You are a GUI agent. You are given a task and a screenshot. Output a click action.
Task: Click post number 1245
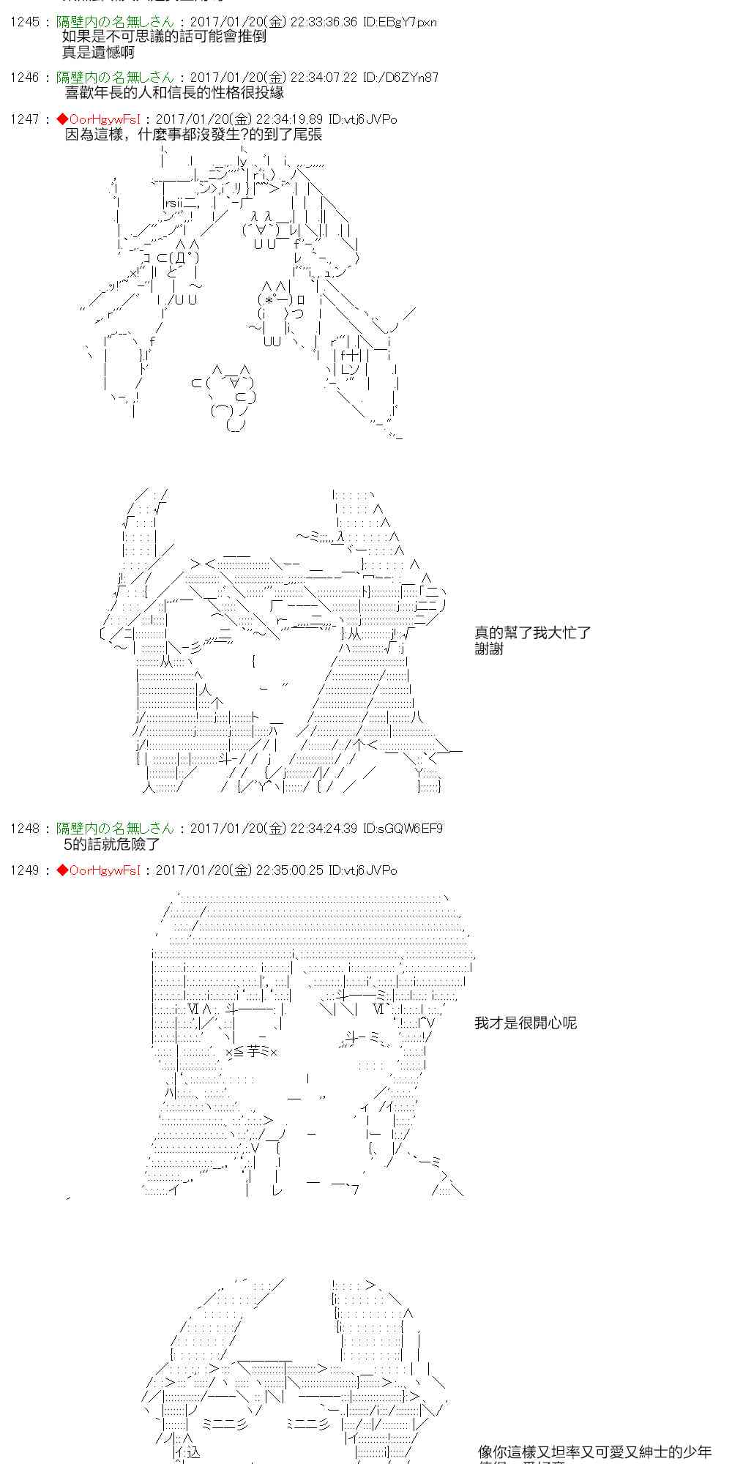click(x=24, y=22)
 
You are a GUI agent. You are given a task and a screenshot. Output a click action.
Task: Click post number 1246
click(x=24, y=78)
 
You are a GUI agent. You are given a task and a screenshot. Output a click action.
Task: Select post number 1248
click(x=24, y=829)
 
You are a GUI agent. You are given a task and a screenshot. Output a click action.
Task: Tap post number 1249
click(x=24, y=870)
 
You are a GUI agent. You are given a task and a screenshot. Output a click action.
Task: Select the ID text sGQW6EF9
click(x=408, y=829)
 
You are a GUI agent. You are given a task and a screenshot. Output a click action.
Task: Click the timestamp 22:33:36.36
click(x=324, y=22)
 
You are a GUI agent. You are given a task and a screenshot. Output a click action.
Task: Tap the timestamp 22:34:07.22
click(x=324, y=78)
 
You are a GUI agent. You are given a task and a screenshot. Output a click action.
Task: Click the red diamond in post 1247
click(x=62, y=119)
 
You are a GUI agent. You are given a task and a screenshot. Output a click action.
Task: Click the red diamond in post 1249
click(x=62, y=870)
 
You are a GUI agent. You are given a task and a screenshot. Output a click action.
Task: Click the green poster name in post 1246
click(x=116, y=78)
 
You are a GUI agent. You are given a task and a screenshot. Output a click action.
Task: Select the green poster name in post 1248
click(x=116, y=829)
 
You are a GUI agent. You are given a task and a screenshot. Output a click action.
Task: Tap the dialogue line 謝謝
click(x=489, y=649)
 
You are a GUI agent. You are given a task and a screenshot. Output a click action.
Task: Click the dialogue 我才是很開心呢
click(x=525, y=1023)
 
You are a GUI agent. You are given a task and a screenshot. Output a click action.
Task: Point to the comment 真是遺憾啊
click(x=99, y=52)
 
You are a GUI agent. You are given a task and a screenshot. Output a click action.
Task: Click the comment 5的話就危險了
click(x=111, y=844)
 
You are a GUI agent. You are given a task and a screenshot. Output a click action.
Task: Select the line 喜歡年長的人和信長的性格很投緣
click(x=174, y=93)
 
